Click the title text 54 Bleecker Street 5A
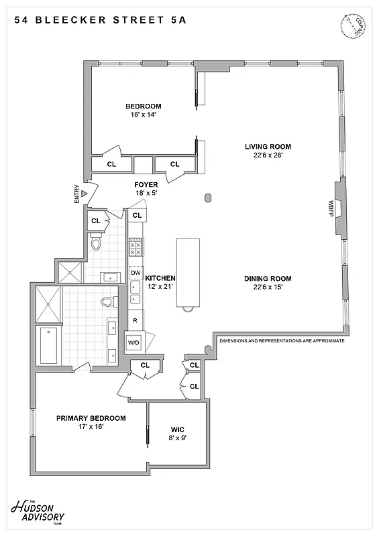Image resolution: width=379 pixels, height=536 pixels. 100,20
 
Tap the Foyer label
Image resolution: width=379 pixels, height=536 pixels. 146,184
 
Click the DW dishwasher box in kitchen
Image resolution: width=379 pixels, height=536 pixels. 136,273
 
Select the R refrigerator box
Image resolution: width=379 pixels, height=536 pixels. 135,320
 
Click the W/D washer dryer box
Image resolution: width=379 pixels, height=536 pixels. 134,342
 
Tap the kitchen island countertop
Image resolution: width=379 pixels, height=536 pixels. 188,271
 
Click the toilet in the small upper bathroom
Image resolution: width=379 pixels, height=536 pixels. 95,243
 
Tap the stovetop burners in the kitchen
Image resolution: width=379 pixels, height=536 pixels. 135,248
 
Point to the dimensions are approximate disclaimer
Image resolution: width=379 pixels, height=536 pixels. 282,341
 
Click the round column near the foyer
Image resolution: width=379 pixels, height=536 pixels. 207,198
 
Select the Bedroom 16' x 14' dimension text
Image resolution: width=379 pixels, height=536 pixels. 144,115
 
